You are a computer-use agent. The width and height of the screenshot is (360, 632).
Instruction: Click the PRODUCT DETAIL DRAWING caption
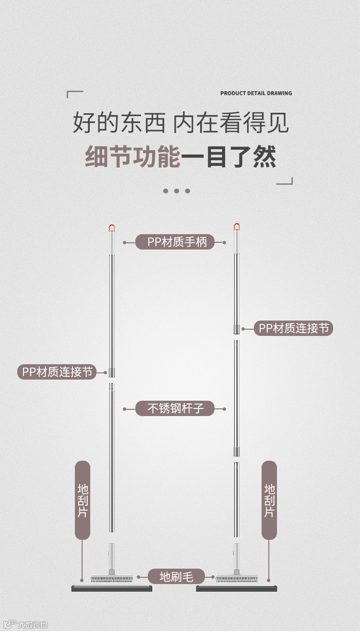[x=256, y=93]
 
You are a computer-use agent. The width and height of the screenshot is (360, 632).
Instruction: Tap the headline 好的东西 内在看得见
[x=180, y=123]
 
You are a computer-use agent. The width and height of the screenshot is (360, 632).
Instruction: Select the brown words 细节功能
[x=132, y=157]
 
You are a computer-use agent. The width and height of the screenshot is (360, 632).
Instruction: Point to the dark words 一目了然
[x=228, y=157]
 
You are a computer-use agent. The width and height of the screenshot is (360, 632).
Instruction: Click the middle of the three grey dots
[x=176, y=191]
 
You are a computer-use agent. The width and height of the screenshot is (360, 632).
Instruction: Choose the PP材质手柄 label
[x=177, y=242]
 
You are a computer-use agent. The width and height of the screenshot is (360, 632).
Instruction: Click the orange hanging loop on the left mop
[x=112, y=228]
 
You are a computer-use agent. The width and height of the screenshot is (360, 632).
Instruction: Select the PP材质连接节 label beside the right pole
[x=293, y=329]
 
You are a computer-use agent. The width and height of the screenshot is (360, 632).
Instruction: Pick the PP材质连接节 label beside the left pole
[x=57, y=372]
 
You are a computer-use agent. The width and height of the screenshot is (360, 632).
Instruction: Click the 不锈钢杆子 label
[x=175, y=409]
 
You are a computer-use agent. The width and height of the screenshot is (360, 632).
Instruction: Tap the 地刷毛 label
[x=176, y=577]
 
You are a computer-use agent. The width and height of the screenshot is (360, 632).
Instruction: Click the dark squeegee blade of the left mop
[x=112, y=588]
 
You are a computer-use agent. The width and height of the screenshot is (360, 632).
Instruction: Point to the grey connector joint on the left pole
[x=112, y=372]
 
